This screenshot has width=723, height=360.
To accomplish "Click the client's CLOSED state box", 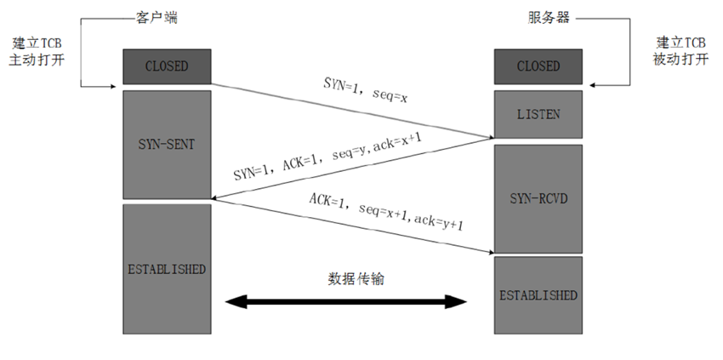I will (167, 66).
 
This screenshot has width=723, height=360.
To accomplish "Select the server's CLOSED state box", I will (538, 66).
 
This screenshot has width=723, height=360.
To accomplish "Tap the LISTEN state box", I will (538, 113).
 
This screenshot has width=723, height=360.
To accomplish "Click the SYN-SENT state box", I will (167, 144).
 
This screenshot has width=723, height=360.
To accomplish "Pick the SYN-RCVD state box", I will (538, 197).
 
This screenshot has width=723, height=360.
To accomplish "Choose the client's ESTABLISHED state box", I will (167, 269).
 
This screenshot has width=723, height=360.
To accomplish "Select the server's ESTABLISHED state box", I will (538, 295).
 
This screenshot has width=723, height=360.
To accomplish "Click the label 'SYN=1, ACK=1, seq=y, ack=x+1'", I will (326, 162).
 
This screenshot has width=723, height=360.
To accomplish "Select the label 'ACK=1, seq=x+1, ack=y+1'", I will (384, 214).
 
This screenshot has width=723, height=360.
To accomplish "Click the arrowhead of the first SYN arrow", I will (489, 136).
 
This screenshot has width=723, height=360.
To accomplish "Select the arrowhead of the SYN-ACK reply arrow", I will (216, 199).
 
